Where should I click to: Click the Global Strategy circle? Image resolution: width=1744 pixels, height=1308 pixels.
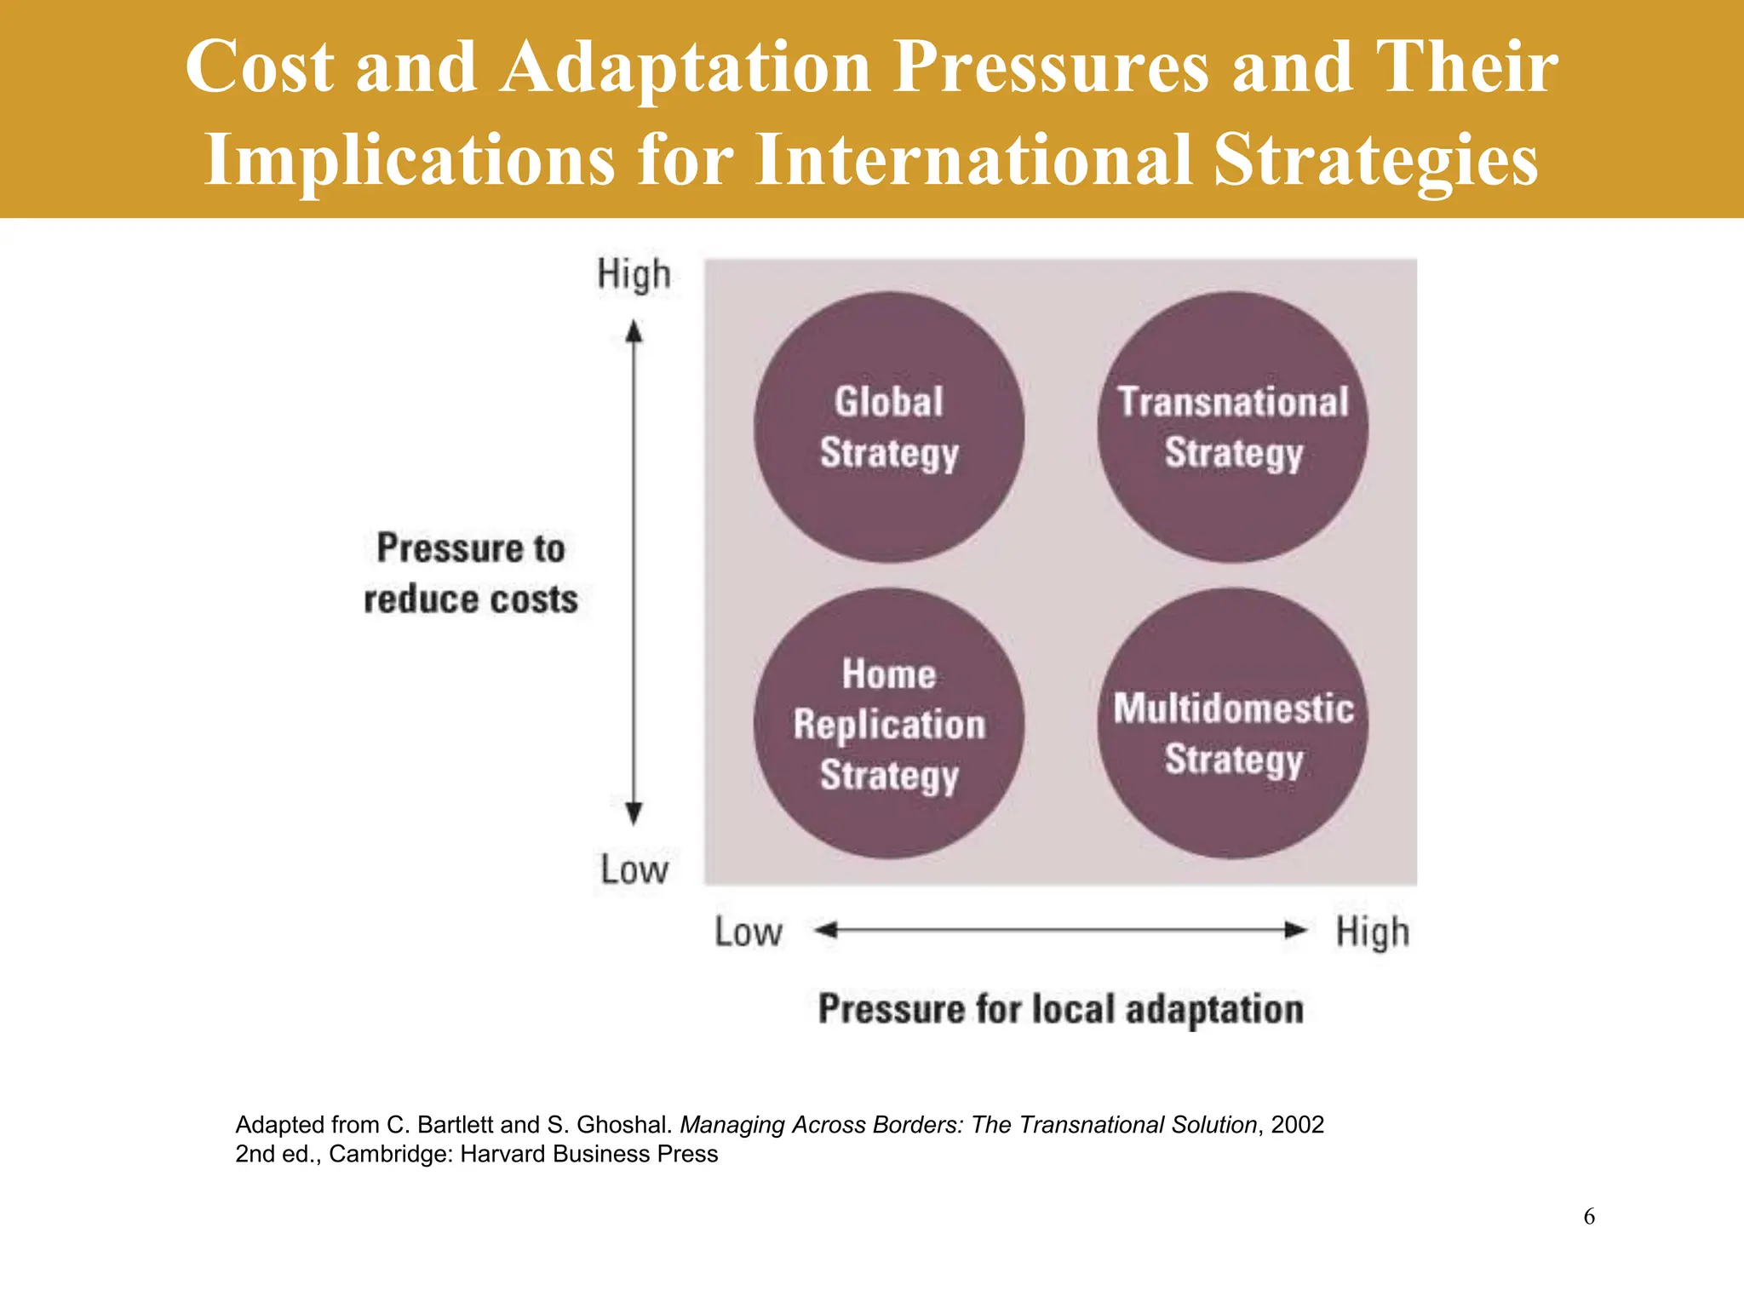[x=888, y=427]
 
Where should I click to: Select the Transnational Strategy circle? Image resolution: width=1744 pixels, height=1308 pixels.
[x=1232, y=427]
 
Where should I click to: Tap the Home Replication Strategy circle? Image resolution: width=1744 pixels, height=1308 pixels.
[x=888, y=724]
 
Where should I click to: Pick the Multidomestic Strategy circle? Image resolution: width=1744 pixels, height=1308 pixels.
[x=1232, y=724]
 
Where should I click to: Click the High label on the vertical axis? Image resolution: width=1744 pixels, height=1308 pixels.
[x=634, y=275]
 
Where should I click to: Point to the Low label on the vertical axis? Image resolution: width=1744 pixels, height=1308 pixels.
[x=634, y=870]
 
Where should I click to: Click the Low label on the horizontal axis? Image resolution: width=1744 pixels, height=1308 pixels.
[x=748, y=932]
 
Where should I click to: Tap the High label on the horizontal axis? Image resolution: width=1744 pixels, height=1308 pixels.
[x=1372, y=932]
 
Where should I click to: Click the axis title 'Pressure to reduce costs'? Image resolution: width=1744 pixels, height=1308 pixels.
[x=471, y=573]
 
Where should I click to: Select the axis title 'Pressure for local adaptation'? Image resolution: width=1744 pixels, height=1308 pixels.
[x=1060, y=1009]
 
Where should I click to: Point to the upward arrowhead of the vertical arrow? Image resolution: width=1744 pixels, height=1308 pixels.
[x=634, y=330]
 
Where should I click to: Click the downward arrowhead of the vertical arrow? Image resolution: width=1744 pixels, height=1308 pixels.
[x=634, y=814]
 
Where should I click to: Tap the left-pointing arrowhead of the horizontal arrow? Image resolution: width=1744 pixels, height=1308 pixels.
[x=826, y=930]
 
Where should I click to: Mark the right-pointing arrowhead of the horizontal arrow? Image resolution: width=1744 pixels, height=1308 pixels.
[x=1295, y=930]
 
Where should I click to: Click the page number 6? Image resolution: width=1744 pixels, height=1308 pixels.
[x=1589, y=1217]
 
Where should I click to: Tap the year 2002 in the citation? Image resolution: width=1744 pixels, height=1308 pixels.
[x=1297, y=1125]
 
